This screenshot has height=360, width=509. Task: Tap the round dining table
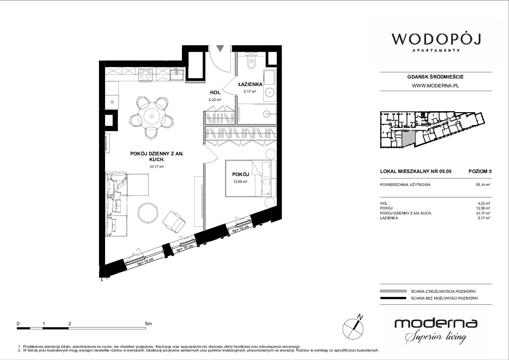pos(151,116)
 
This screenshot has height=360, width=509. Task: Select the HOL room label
pos(215,92)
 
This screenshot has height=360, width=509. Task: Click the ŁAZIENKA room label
pos(250,84)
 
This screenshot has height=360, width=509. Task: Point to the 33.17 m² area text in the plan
pos(156,167)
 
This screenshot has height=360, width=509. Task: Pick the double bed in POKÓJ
pos(251,178)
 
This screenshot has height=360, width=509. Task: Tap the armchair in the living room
pos(174,222)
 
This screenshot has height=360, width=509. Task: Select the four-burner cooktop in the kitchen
pos(146,74)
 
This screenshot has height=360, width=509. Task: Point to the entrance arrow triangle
pos(220,48)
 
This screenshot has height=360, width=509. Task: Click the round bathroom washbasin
pos(270,92)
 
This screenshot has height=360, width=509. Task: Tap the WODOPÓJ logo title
pos(436,39)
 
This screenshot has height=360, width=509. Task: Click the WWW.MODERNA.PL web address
pos(435,86)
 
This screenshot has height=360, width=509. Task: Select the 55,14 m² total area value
pos(483,185)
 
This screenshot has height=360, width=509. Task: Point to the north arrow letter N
pos(360,316)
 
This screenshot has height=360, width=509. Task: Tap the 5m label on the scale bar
pos(148,324)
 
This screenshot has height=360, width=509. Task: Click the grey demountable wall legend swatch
pos(393,291)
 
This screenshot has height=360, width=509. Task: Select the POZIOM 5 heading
pos(480,171)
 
